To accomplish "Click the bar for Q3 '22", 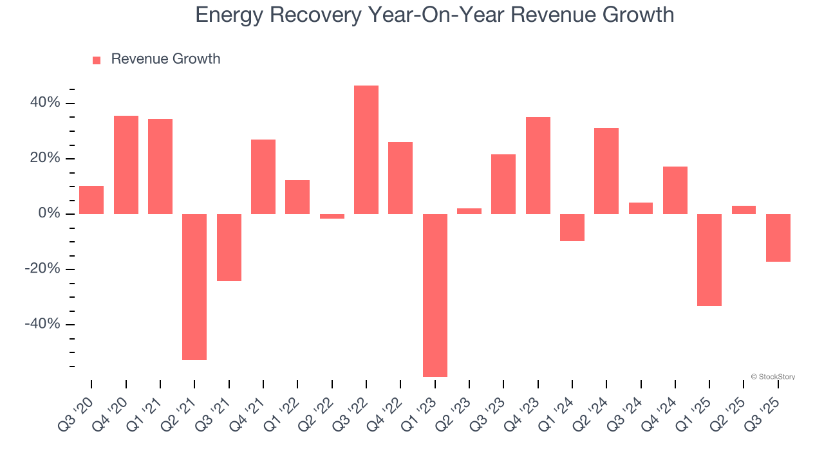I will [366, 150].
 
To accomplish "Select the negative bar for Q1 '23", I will [435, 295].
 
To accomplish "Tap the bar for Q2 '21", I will [194, 287].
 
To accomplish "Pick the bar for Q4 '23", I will [538, 165].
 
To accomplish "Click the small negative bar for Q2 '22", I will [332, 216].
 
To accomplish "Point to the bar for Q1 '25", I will [709, 260].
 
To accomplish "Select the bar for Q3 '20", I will [91, 200].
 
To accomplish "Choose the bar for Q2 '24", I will [606, 171].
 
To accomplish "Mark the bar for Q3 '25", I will [778, 238].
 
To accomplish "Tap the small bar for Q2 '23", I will [469, 211].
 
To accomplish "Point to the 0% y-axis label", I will [48, 213].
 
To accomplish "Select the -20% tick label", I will [42, 269].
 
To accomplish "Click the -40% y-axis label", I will [42, 324].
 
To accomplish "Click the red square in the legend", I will [97, 60].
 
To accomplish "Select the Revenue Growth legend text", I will [165, 59].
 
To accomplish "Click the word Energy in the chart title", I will [230, 15].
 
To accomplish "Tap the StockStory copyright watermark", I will [772, 377].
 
